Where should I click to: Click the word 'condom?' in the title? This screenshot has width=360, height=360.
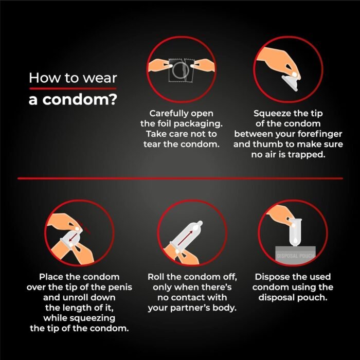[80, 100]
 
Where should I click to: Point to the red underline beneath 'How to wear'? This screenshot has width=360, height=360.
[73, 88]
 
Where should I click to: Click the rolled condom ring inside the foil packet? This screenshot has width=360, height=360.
[181, 70]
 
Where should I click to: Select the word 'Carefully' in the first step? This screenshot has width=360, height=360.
[167, 114]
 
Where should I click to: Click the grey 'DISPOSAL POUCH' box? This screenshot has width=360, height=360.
[295, 254]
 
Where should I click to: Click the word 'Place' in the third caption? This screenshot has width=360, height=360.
[51, 277]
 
